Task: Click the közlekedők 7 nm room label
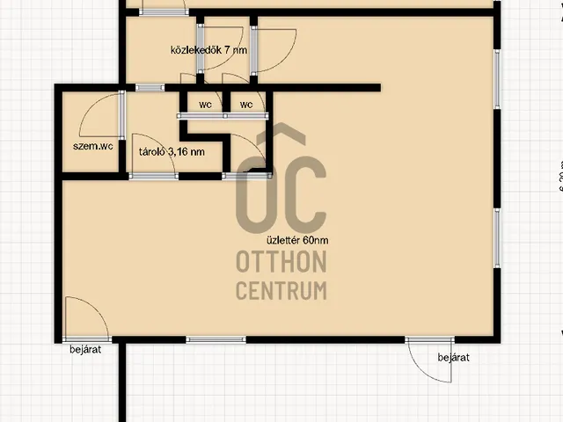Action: (208, 50)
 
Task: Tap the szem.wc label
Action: (92, 146)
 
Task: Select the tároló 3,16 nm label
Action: (172, 152)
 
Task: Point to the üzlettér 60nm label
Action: (297, 240)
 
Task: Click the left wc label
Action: (205, 105)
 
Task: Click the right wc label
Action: (246, 105)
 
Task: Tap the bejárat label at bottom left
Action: (85, 349)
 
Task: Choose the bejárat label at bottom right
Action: (454, 358)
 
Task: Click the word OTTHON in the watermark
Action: (281, 262)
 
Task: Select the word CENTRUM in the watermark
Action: (281, 290)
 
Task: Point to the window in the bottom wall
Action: (216, 339)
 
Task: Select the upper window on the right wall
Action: (497, 79)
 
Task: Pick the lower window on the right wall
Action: (497, 238)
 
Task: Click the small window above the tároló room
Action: (150, 88)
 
